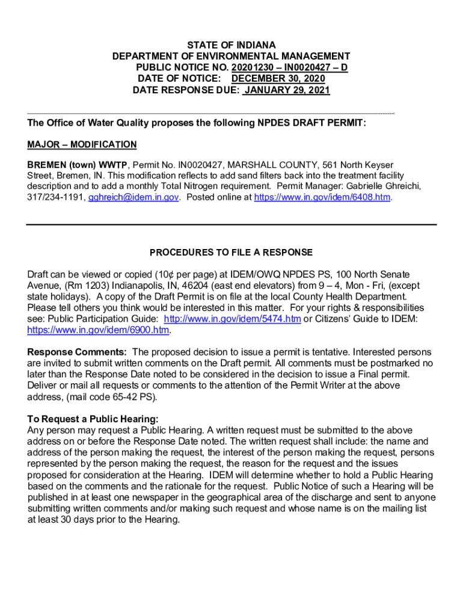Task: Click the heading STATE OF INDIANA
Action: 231,45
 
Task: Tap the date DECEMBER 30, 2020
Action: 278,79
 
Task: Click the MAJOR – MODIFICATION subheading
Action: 82,145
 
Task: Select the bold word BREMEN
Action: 46,164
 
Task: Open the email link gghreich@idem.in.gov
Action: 133,197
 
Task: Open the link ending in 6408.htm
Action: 323,197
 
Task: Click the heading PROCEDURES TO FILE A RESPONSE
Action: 231,252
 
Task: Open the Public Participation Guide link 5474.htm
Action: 232,319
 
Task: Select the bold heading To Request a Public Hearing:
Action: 93,419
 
